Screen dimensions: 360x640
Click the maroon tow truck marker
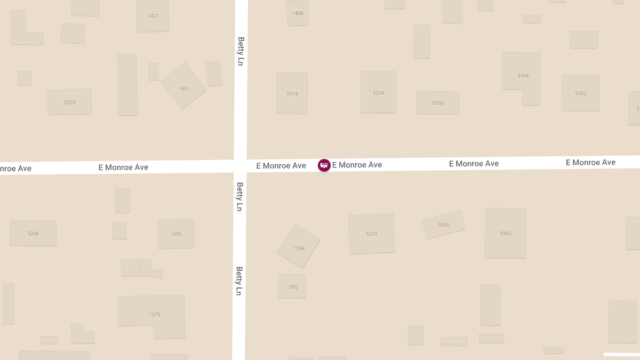tap(324, 165)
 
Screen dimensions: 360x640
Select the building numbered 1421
tap(153, 16)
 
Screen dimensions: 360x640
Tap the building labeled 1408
tap(298, 13)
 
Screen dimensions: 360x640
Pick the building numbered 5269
tap(69, 102)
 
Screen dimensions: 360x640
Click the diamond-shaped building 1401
tap(183, 86)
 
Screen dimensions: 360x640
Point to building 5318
tap(292, 93)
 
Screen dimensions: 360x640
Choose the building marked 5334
tap(378, 92)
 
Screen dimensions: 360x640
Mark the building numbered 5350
tap(437, 102)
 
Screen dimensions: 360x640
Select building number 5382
tap(580, 93)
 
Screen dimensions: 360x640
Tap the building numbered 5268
tap(33, 233)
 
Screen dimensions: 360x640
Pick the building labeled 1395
tap(176, 234)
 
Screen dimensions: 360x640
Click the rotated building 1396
tap(298, 246)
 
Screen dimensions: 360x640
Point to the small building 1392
tap(292, 286)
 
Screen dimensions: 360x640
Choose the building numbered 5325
tap(372, 234)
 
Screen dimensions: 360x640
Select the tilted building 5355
tap(443, 225)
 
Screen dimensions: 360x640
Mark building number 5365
tap(505, 233)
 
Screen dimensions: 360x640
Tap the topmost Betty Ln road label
tap(241, 51)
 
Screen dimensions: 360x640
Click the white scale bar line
tap(621, 354)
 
